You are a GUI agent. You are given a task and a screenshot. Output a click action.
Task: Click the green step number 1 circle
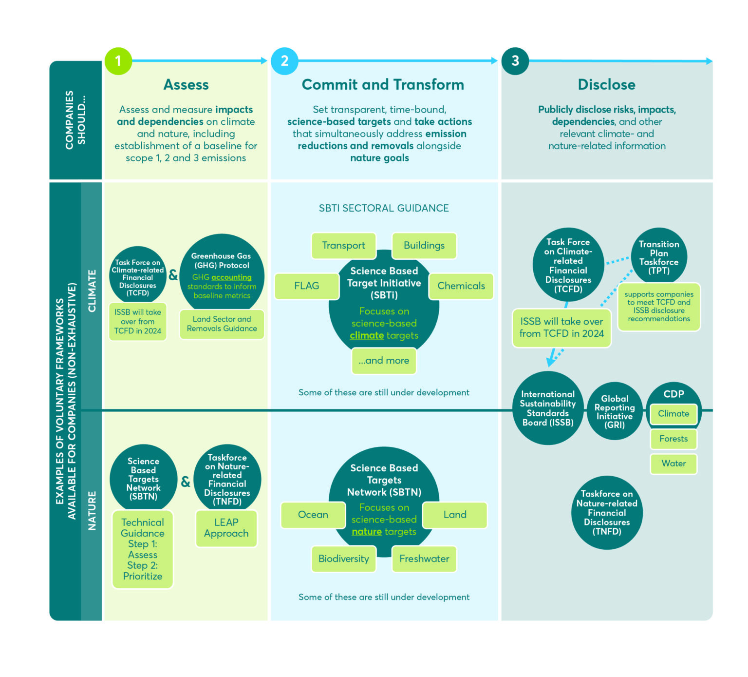(118, 61)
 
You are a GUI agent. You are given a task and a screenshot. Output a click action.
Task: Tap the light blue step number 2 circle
(284, 61)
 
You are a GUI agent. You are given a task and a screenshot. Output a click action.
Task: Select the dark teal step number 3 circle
(515, 61)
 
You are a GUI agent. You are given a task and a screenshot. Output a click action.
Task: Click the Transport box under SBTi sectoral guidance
(343, 246)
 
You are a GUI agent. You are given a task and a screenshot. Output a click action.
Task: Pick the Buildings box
(424, 246)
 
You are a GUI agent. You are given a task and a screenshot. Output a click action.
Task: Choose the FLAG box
(307, 286)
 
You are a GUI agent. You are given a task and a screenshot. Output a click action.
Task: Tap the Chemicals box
(461, 286)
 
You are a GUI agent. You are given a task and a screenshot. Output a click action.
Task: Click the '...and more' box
(384, 361)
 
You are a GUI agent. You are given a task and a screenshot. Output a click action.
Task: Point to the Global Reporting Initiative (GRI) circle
(615, 412)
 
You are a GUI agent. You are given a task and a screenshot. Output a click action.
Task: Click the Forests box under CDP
(673, 439)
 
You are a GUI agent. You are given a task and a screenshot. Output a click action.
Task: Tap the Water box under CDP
(673, 464)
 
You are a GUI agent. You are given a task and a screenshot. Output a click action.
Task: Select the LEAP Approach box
(226, 528)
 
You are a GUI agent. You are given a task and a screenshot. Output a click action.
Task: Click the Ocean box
(313, 515)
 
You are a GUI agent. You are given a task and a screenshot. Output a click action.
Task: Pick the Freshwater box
(424, 559)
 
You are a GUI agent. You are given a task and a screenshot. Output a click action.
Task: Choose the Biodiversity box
(343, 559)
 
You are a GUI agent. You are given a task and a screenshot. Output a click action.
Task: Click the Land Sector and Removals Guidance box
(222, 324)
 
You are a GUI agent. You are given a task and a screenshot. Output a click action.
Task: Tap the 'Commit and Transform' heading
(383, 85)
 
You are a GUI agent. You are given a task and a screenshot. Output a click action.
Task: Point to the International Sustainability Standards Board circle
(548, 408)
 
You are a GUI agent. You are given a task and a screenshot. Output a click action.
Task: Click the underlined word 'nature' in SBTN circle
(367, 532)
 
